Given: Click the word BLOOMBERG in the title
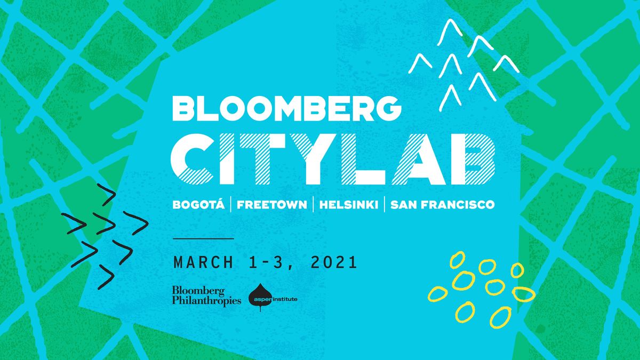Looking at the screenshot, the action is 286,108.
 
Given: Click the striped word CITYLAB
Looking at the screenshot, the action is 333,159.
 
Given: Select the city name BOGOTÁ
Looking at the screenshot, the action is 198,204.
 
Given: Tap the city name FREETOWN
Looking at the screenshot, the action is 271,205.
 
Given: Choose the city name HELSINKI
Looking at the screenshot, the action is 349,205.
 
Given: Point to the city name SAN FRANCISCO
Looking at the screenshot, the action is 442,205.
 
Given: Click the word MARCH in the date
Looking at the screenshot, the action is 203,262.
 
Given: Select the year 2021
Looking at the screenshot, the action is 334,262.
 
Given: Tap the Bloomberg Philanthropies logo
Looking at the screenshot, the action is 206,296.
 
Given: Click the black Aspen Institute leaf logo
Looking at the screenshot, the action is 260,298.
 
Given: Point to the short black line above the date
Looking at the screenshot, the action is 203,238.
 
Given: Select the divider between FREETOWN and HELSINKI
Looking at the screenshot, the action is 313,204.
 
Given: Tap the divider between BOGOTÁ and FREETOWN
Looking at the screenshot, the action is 231,204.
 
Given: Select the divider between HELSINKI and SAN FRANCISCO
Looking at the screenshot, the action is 385,204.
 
